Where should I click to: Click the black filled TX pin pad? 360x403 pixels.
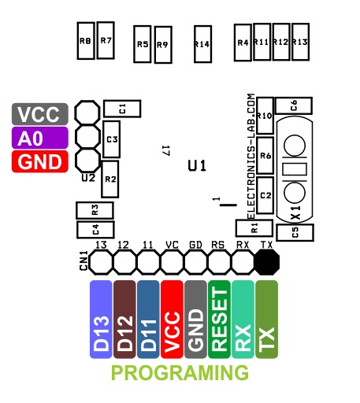click(267, 262)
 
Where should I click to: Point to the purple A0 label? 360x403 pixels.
click(40, 138)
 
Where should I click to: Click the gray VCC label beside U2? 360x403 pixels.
click(40, 114)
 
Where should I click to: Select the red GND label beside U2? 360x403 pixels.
click(40, 161)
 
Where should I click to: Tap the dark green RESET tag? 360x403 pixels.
click(219, 320)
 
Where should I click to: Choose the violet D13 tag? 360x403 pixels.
click(101, 320)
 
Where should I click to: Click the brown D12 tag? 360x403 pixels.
click(124, 320)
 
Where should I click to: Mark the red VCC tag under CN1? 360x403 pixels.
click(172, 320)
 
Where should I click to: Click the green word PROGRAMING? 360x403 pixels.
click(180, 372)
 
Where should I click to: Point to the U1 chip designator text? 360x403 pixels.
click(197, 166)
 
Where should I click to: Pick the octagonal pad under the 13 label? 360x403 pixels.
click(101, 262)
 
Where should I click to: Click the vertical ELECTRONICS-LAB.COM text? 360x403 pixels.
click(251, 157)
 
